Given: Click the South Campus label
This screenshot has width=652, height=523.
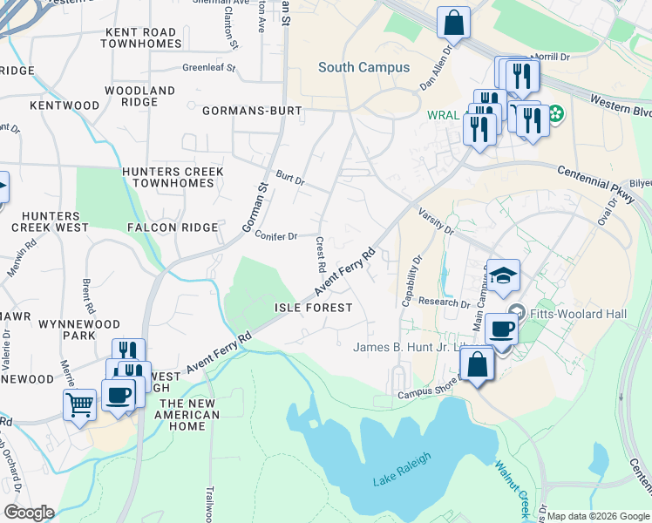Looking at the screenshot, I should click(x=363, y=67).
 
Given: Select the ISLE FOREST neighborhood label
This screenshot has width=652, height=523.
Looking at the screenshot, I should click(x=314, y=308).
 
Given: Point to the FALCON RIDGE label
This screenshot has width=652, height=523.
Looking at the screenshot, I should click(x=172, y=228).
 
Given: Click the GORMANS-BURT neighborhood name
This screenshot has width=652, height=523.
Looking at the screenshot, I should click(x=252, y=111).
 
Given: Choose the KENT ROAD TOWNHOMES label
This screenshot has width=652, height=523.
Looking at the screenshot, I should click(x=141, y=37).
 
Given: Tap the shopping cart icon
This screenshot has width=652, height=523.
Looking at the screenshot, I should click(x=79, y=404).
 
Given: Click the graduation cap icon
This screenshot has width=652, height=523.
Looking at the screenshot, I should click(x=503, y=276).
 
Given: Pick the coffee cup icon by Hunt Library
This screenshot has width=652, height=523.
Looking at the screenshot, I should click(x=501, y=329).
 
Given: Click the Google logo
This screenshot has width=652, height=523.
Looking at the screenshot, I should click(x=29, y=513).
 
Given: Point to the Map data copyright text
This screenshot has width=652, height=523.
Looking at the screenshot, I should click(x=598, y=516).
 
